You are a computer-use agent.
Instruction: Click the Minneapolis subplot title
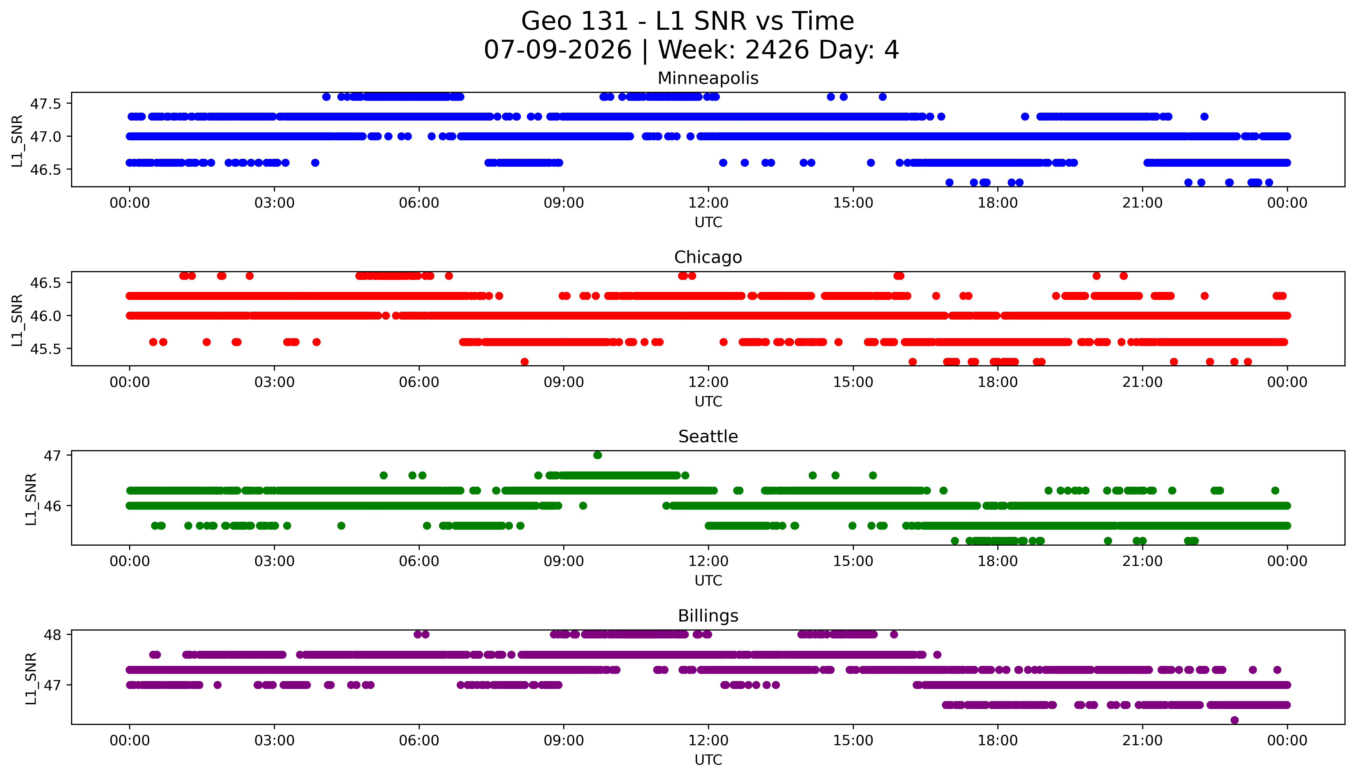(708, 78)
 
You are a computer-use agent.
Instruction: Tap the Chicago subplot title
(708, 257)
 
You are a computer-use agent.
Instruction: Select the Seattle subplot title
(708, 437)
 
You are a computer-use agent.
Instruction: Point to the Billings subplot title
(708, 616)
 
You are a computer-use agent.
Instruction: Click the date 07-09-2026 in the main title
(558, 50)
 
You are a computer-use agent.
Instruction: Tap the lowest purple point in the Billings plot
(1234, 720)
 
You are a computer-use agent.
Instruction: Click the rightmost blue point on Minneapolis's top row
(882, 97)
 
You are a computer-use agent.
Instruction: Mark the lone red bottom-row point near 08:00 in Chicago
(524, 362)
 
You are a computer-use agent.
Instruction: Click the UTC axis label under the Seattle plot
(708, 580)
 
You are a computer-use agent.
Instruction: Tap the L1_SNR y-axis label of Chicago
(17, 320)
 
